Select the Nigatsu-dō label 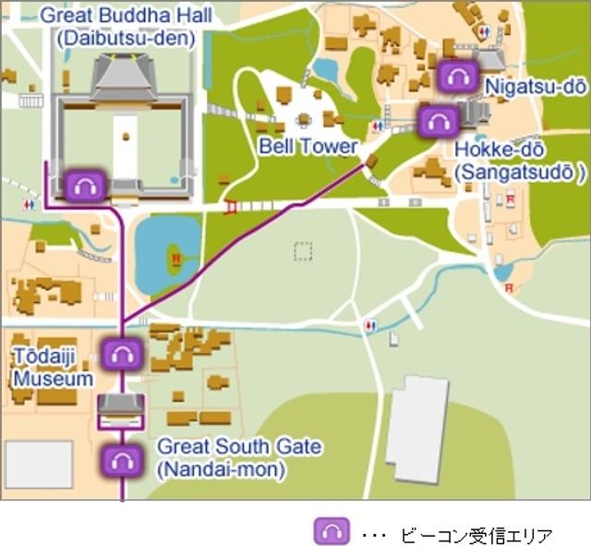coord(535,86)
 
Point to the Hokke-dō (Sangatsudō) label coord(520,160)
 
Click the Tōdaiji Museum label coord(53,368)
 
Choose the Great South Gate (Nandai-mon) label coord(239,457)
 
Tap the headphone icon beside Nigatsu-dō coord(457,77)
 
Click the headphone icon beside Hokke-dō coord(434,121)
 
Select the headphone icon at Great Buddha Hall coord(86,186)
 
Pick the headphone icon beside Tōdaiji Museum coord(121,353)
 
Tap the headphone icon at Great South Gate coord(121,459)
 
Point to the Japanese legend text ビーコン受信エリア coord(476,533)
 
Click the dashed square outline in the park coord(303,250)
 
